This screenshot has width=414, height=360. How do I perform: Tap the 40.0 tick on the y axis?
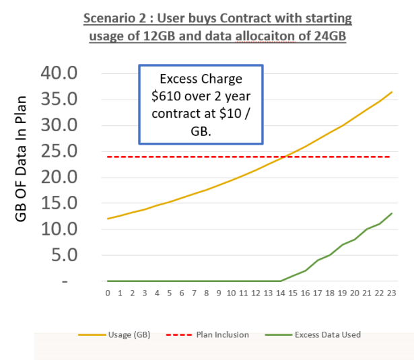60,73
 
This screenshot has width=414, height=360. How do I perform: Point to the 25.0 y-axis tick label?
60,151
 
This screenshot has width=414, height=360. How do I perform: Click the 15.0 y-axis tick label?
60,203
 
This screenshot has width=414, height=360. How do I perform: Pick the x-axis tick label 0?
108,293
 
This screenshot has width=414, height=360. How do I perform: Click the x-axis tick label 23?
391,293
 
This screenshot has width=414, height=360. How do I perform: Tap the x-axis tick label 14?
280,293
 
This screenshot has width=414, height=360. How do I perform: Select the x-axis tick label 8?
206,293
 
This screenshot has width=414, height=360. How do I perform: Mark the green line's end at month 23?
391,213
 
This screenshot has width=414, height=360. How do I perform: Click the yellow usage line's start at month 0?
108,219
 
